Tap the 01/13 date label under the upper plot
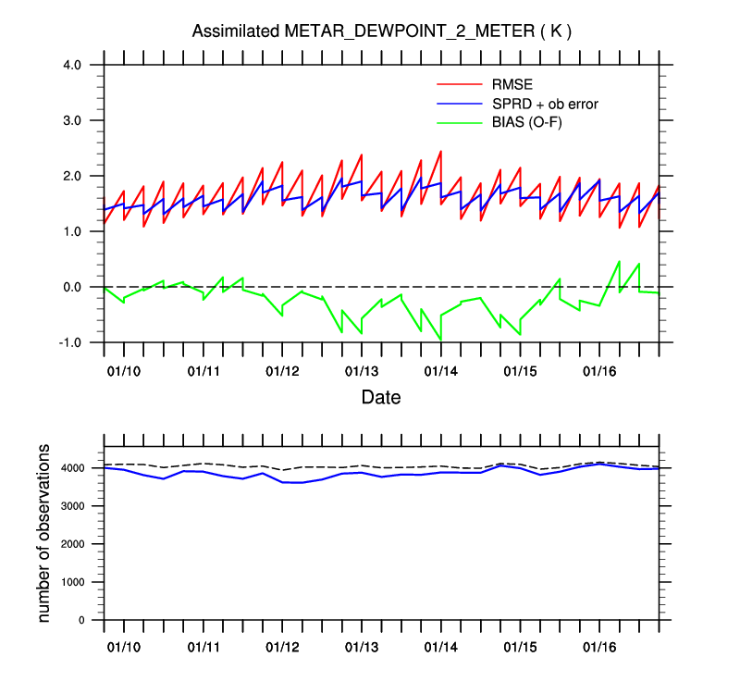click(x=362, y=371)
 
